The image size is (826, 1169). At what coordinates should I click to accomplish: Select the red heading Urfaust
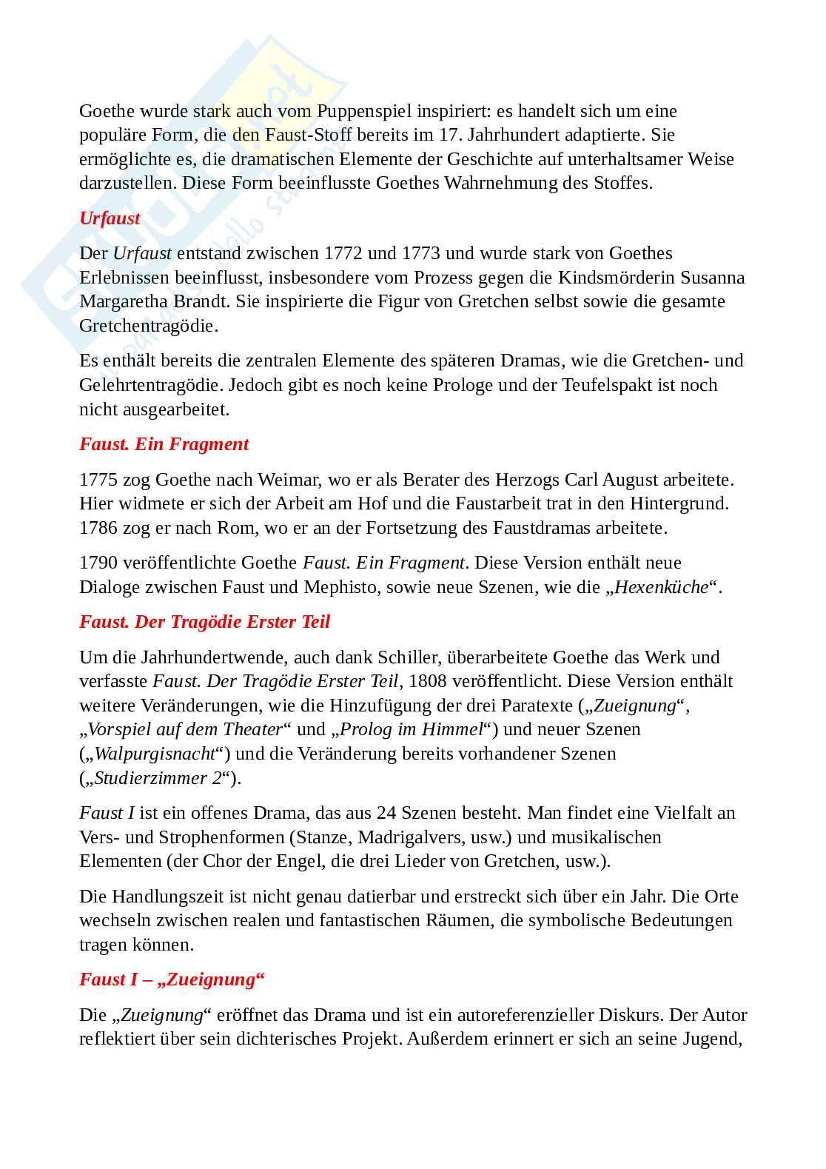110,218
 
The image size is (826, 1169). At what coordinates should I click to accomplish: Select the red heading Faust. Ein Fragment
164,444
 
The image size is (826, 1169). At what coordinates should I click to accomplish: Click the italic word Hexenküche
661,587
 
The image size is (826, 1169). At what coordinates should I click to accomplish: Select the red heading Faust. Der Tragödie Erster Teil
204,622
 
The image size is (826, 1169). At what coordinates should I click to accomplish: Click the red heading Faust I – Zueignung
172,979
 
